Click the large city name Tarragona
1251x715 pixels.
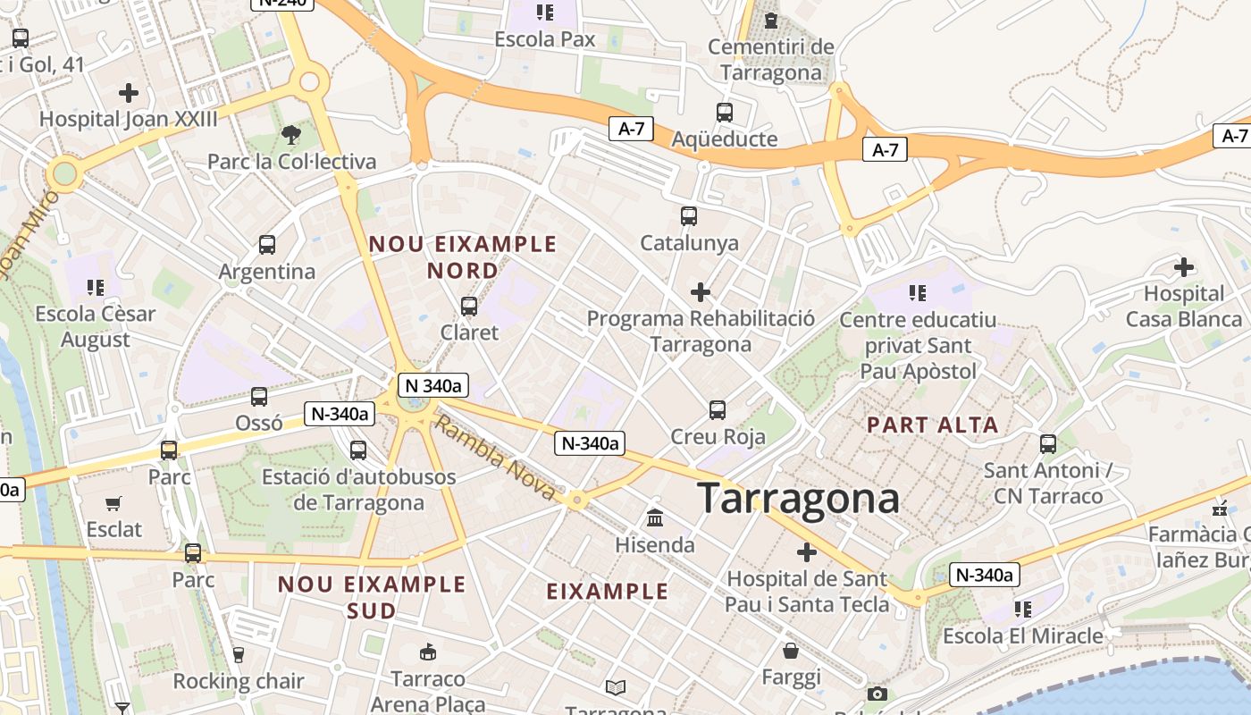pyautogui.click(x=798, y=498)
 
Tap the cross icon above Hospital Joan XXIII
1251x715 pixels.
pyautogui.click(x=129, y=92)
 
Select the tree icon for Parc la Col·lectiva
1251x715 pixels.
pyautogui.click(x=290, y=135)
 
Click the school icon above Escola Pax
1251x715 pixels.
pyautogui.click(x=544, y=13)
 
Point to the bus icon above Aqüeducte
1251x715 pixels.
pyautogui.click(x=725, y=113)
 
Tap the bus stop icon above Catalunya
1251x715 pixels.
pyautogui.click(x=689, y=216)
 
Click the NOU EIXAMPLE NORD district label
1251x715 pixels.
pyautogui.click(x=463, y=257)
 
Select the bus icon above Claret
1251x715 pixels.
pyautogui.click(x=469, y=307)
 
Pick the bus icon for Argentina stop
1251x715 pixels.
pyautogui.click(x=266, y=245)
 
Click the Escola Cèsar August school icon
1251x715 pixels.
pyautogui.click(x=96, y=288)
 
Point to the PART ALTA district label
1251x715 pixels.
pyautogui.click(x=932, y=425)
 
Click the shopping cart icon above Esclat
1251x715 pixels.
pyautogui.click(x=113, y=504)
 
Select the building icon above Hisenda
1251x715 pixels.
pyautogui.click(x=655, y=518)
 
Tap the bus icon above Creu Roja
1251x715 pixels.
pyautogui.click(x=718, y=410)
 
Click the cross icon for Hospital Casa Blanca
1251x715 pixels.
pyautogui.click(x=1184, y=267)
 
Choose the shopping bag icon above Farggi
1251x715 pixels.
pyautogui.click(x=791, y=650)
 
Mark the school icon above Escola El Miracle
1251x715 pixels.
pyautogui.click(x=1023, y=610)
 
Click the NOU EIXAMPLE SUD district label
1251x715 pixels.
pyautogui.click(x=372, y=597)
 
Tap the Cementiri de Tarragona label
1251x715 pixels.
pyautogui.click(x=771, y=59)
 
